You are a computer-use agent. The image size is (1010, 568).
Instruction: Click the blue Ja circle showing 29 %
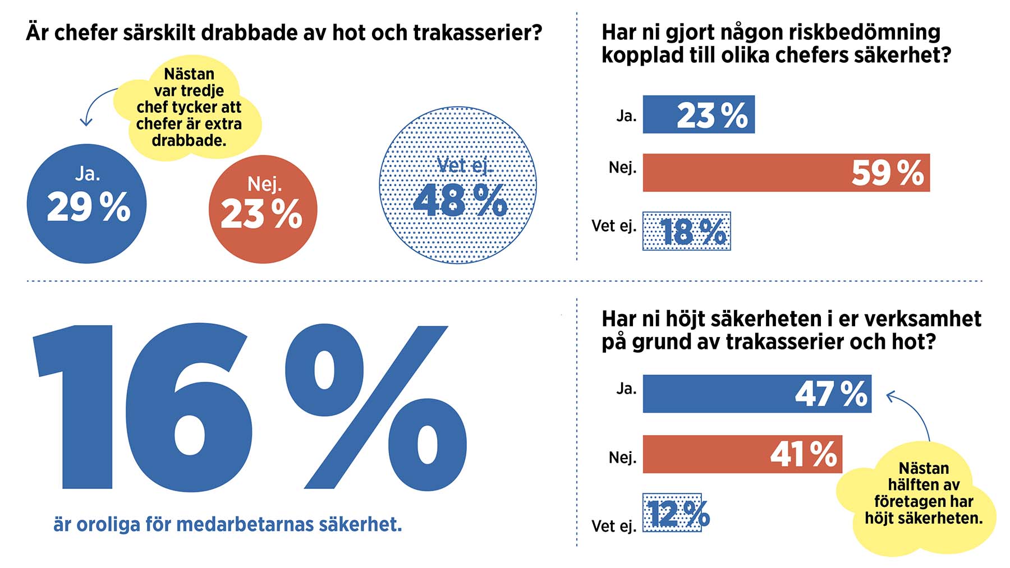[86, 204]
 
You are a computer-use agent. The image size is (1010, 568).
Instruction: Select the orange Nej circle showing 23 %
[263, 210]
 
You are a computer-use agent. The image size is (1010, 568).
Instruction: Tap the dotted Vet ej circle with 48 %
[458, 185]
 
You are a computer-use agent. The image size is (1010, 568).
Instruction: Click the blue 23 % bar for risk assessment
[698, 114]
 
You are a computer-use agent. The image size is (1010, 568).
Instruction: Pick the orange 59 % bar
[786, 173]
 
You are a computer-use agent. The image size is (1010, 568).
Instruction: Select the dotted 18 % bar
[686, 231]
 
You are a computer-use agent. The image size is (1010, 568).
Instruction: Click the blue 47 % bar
[756, 394]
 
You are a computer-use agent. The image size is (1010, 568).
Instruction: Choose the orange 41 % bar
[742, 454]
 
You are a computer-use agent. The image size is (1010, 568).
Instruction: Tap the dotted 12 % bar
[672, 512]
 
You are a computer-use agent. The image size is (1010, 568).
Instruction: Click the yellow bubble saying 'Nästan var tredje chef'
[189, 107]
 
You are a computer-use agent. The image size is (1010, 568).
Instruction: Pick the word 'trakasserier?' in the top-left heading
[478, 33]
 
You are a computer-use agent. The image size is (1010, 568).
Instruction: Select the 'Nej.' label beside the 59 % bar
[622, 168]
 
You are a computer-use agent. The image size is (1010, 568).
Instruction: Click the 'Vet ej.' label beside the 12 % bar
[613, 526]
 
